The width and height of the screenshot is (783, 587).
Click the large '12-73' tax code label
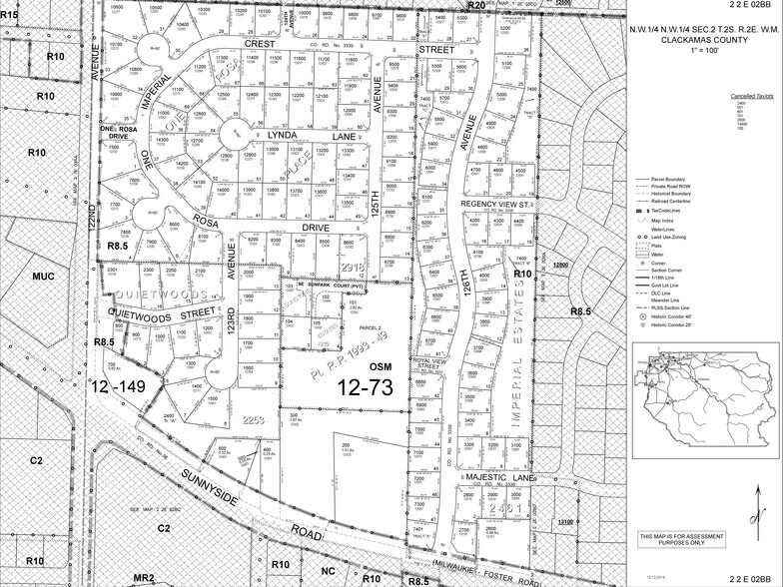369,384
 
